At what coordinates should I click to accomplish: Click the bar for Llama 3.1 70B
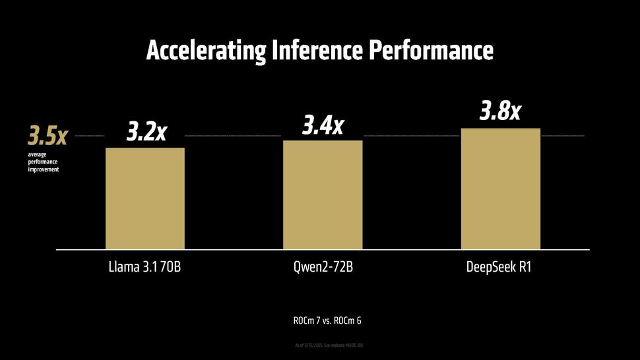tap(145, 198)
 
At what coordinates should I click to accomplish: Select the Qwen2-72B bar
tap(323, 195)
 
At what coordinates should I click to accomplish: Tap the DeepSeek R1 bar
tap(501, 189)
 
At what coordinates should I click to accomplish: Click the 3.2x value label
tap(146, 132)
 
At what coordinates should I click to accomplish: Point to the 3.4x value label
tap(323, 125)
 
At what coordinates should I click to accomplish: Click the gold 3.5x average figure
tap(48, 136)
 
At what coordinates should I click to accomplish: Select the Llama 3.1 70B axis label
tap(145, 270)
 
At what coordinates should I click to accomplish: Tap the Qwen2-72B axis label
tap(323, 270)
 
